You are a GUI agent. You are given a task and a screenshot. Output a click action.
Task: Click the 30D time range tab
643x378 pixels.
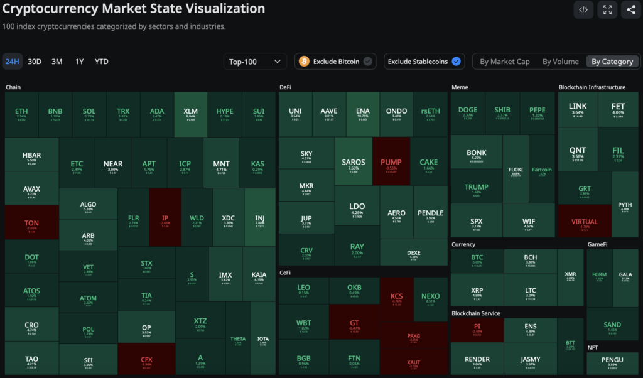pos(35,62)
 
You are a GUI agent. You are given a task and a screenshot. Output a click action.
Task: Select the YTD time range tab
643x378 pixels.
pos(102,62)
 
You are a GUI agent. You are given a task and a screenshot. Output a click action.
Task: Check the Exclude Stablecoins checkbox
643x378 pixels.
pos(456,62)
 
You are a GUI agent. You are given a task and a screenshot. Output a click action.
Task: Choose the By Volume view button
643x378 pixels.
pos(560,62)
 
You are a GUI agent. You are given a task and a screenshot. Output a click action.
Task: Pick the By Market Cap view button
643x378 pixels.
pos(504,62)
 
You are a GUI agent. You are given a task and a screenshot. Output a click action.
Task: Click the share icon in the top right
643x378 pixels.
pos(630,9)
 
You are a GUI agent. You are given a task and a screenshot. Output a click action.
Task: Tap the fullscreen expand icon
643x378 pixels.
pos(607,9)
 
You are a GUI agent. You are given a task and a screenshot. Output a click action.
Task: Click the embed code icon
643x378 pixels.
pos(583,9)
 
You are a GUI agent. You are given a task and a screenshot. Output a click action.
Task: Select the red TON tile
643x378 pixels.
pos(31,225)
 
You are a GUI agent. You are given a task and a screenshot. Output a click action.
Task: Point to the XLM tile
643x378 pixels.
pos(190,114)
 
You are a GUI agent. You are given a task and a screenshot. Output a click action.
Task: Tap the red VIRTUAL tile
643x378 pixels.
pos(585,224)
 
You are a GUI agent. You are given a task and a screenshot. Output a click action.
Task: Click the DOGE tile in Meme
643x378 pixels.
pos(468,112)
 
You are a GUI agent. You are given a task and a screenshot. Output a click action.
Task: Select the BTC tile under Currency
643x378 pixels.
pos(477,260)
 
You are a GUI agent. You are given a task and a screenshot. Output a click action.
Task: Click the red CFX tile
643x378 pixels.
pos(147,360)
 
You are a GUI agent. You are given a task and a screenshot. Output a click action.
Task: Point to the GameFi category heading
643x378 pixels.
pos(598,244)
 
